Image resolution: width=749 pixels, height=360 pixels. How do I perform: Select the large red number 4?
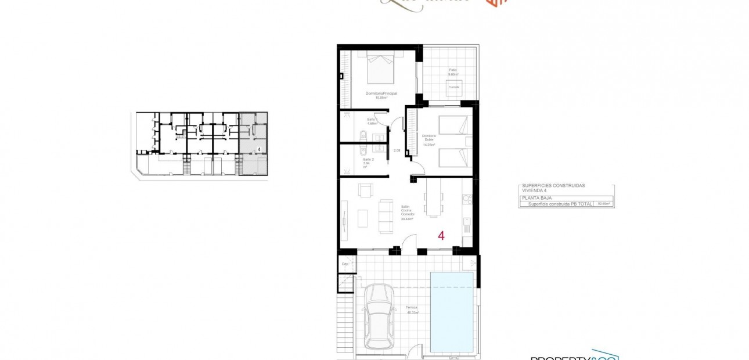441,236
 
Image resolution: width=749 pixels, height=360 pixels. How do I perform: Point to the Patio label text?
452,70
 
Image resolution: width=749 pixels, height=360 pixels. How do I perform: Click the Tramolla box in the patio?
453,87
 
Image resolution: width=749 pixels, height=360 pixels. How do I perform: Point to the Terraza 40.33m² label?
413,310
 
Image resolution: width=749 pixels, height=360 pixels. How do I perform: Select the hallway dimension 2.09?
397,151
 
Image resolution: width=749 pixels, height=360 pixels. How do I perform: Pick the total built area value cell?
604,204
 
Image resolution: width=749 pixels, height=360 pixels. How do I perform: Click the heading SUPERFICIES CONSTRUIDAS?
553,186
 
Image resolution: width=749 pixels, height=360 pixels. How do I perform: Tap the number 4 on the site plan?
258,149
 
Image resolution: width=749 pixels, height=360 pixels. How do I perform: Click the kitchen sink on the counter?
466,200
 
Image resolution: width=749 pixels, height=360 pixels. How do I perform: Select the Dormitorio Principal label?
381,93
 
